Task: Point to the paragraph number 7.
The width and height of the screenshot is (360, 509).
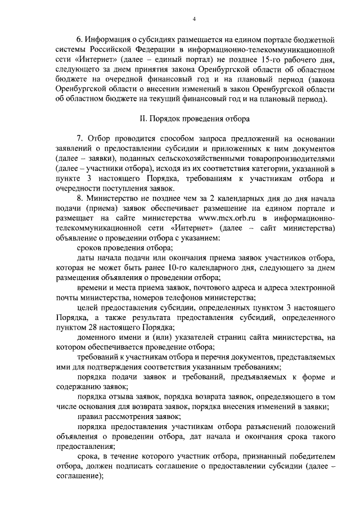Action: pos(79,139)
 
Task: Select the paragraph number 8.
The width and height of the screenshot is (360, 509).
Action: pos(79,199)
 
